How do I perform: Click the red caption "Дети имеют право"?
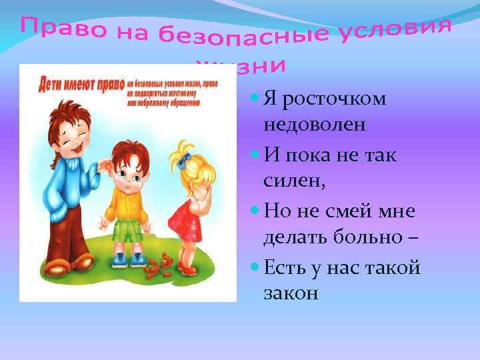75,85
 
